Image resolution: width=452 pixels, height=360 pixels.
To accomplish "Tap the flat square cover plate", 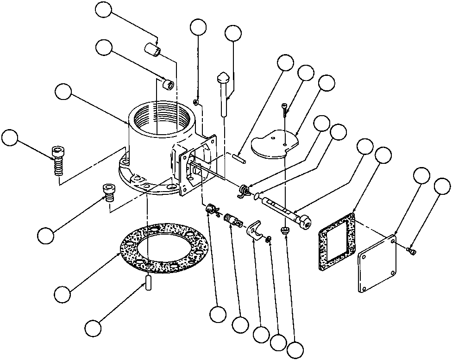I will (x=377, y=264).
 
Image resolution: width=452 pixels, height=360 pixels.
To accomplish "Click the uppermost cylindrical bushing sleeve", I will (x=153, y=50).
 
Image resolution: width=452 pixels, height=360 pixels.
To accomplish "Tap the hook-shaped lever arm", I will (x=253, y=230).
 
